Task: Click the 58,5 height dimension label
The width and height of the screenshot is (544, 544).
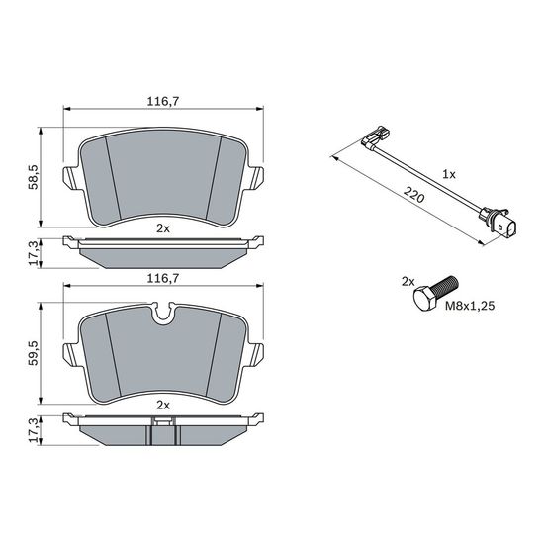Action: pyautogui.click(x=34, y=177)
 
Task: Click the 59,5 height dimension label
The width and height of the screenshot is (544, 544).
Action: pyautogui.click(x=34, y=353)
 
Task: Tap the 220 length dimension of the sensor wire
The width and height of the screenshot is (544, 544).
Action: pyautogui.click(x=413, y=195)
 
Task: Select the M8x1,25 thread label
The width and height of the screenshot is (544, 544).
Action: pyautogui.click(x=470, y=306)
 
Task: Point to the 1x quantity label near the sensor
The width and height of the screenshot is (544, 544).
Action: pyautogui.click(x=449, y=174)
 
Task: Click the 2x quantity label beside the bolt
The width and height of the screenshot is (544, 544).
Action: pyautogui.click(x=408, y=282)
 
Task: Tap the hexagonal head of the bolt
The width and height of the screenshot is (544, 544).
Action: pyautogui.click(x=424, y=299)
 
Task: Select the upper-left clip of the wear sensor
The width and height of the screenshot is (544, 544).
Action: pyautogui.click(x=376, y=136)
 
